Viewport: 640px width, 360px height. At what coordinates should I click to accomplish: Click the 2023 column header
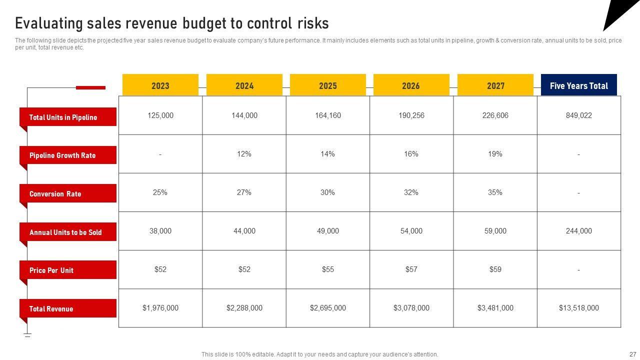pos(160,85)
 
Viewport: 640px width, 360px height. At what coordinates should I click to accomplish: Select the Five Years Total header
pos(578,85)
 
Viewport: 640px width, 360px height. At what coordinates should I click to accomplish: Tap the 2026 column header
pos(411,85)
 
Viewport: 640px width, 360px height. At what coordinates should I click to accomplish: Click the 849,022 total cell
pos(578,115)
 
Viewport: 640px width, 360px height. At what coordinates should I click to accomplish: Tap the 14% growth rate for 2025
pos(327,154)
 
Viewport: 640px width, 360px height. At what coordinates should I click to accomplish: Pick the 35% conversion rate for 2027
pos(495,192)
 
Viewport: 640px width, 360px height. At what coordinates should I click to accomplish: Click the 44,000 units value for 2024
pos(244,231)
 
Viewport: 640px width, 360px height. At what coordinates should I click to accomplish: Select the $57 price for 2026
pos(411,269)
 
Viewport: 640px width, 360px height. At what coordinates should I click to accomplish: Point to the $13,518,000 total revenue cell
pos(578,308)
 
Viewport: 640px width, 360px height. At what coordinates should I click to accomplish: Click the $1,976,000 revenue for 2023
pos(160,308)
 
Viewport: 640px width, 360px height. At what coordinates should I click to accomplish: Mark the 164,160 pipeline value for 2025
pos(327,115)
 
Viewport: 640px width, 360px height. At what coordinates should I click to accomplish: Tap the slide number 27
pos(632,354)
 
